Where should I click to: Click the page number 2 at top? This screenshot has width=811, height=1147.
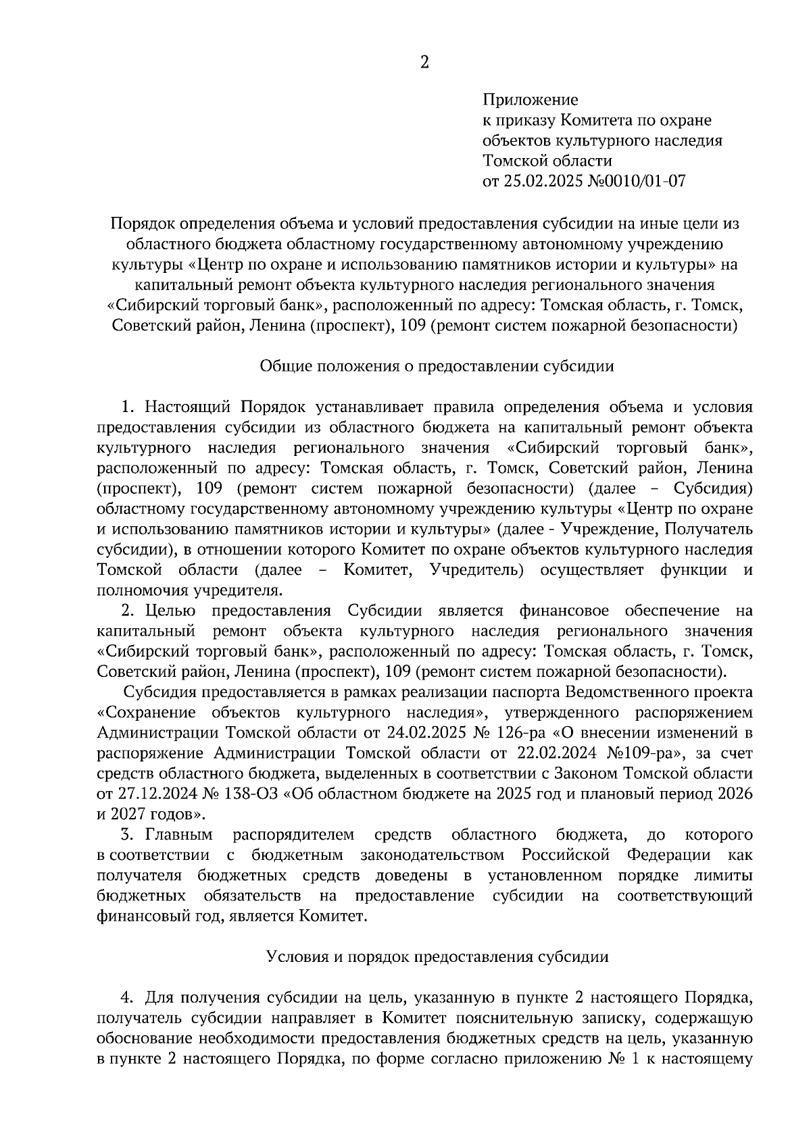[x=424, y=63]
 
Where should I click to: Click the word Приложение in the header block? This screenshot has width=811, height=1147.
[x=530, y=101]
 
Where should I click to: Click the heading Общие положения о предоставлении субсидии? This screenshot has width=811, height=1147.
[x=437, y=367]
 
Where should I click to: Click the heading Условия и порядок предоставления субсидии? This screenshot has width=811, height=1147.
[x=437, y=957]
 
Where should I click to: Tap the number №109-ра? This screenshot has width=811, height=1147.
[x=649, y=753]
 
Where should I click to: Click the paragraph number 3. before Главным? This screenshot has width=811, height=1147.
[x=126, y=835]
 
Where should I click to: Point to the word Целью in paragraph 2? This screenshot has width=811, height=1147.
[x=170, y=611]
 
